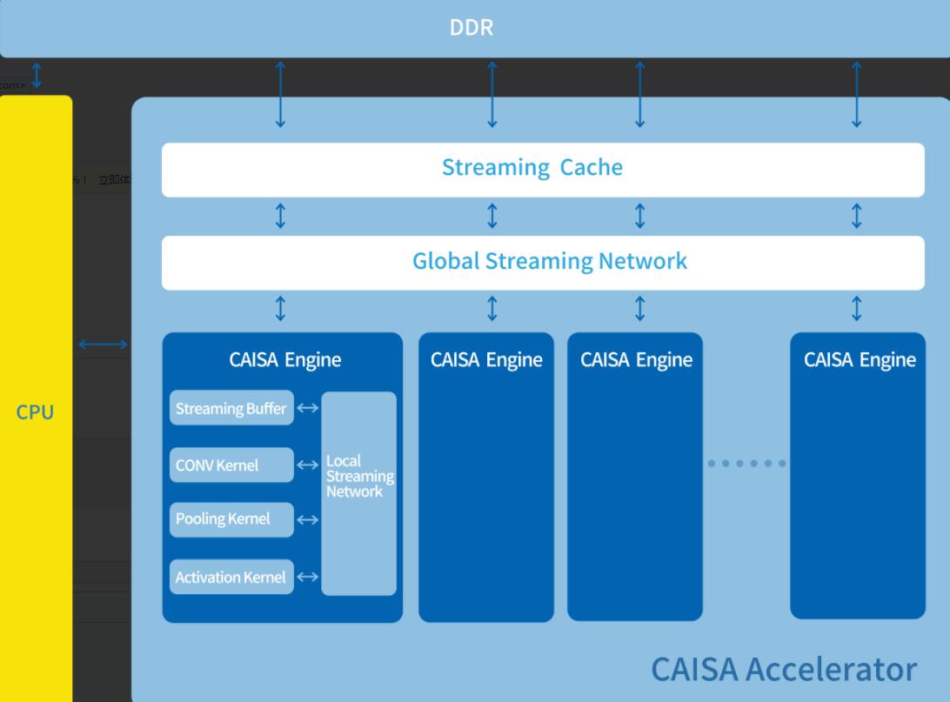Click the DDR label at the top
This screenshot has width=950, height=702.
pyautogui.click(x=472, y=27)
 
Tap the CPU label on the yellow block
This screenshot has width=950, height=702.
pyautogui.click(x=35, y=412)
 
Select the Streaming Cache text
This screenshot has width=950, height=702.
pyautogui.click(x=532, y=167)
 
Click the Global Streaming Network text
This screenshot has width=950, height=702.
pyautogui.click(x=549, y=261)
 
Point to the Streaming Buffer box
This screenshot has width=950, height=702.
pyautogui.click(x=231, y=408)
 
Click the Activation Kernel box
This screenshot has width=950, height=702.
pyautogui.click(x=231, y=577)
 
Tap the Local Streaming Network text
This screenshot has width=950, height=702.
pyautogui.click(x=359, y=476)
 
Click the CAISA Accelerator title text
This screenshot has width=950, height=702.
pyautogui.click(x=783, y=669)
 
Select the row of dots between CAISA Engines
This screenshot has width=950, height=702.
pyautogui.click(x=746, y=464)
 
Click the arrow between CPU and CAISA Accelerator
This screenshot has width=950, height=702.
pyautogui.click(x=103, y=345)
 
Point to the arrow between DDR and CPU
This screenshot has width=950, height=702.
pyautogui.click(x=36, y=76)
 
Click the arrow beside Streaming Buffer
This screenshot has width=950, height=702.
pyautogui.click(x=308, y=407)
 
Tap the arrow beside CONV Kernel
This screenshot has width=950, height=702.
pyautogui.click(x=308, y=465)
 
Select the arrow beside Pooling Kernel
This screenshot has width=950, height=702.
pyautogui.click(x=308, y=519)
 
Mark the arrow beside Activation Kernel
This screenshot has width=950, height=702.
pyautogui.click(x=308, y=577)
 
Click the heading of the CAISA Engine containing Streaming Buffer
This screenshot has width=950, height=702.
pyautogui.click(x=284, y=359)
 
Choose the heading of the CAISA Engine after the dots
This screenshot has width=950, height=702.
pyautogui.click(x=860, y=359)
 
